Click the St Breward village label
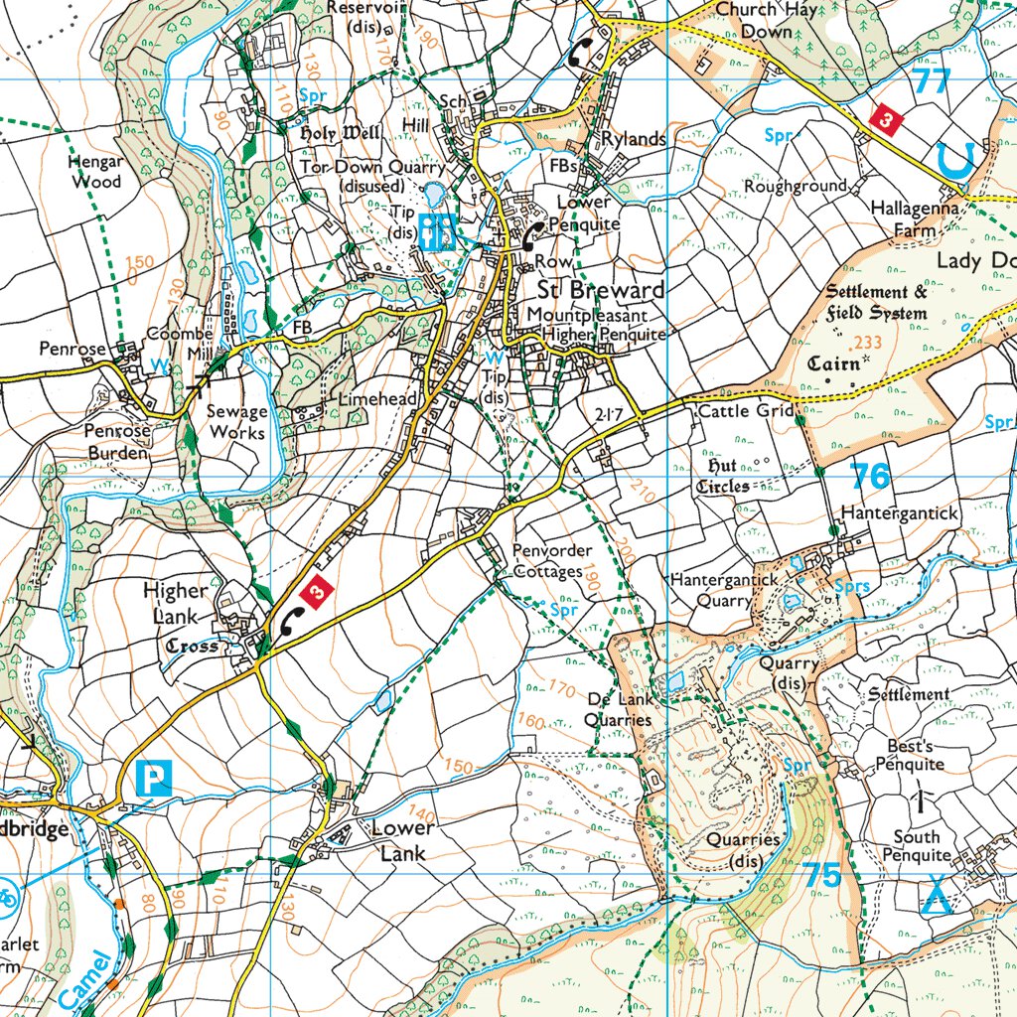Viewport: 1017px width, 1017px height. pos(600,290)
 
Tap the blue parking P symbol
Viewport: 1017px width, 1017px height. pos(154,777)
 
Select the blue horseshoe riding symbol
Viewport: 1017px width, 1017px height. pos(954,160)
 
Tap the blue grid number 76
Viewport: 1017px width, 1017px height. pos(871,476)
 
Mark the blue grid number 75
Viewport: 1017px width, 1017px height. pos(822,875)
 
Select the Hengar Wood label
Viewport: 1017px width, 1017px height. pos(95,172)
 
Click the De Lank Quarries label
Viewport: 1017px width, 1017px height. pos(618,709)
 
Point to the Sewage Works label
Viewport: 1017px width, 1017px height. pos(236,422)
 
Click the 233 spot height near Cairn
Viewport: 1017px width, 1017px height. pos(867,342)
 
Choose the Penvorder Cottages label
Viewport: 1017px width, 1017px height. pos(552,561)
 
